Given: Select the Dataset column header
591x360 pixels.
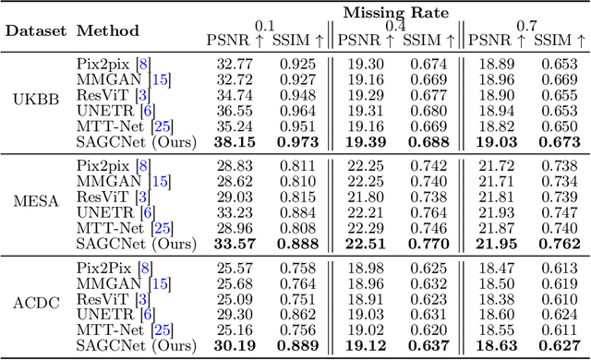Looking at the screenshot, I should point(35,30).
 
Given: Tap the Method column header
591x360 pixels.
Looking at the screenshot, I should point(108,30).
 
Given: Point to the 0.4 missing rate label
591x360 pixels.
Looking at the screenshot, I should point(395,25).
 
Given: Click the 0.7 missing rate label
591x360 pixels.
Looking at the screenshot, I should point(526,25).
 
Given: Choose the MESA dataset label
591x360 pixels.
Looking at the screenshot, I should point(35,200).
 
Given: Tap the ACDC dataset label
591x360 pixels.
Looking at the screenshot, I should point(35,300).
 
